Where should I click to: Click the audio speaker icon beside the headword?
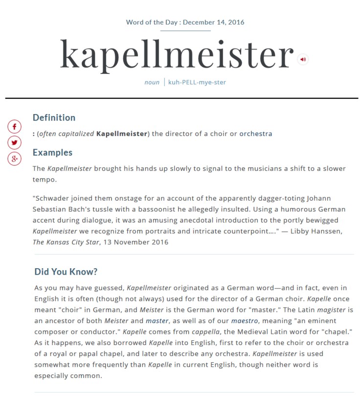pyautogui.click(x=303, y=59)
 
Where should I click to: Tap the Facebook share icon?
pyautogui.click(x=15, y=127)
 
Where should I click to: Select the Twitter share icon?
pyautogui.click(x=15, y=142)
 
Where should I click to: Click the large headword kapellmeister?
pyautogui.click(x=177, y=55)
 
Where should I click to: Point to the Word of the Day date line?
pyautogui.click(x=185, y=22)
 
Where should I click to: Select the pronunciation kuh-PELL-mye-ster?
pyautogui.click(x=197, y=82)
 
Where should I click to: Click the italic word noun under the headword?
pyautogui.click(x=152, y=82)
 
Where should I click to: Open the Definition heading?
pyautogui.click(x=54, y=117)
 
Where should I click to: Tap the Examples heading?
pyautogui.click(x=52, y=152)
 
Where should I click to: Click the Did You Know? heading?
pyautogui.click(x=66, y=272)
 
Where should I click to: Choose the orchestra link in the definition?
pyautogui.click(x=256, y=134)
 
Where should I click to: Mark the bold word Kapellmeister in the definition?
pyautogui.click(x=122, y=134)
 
